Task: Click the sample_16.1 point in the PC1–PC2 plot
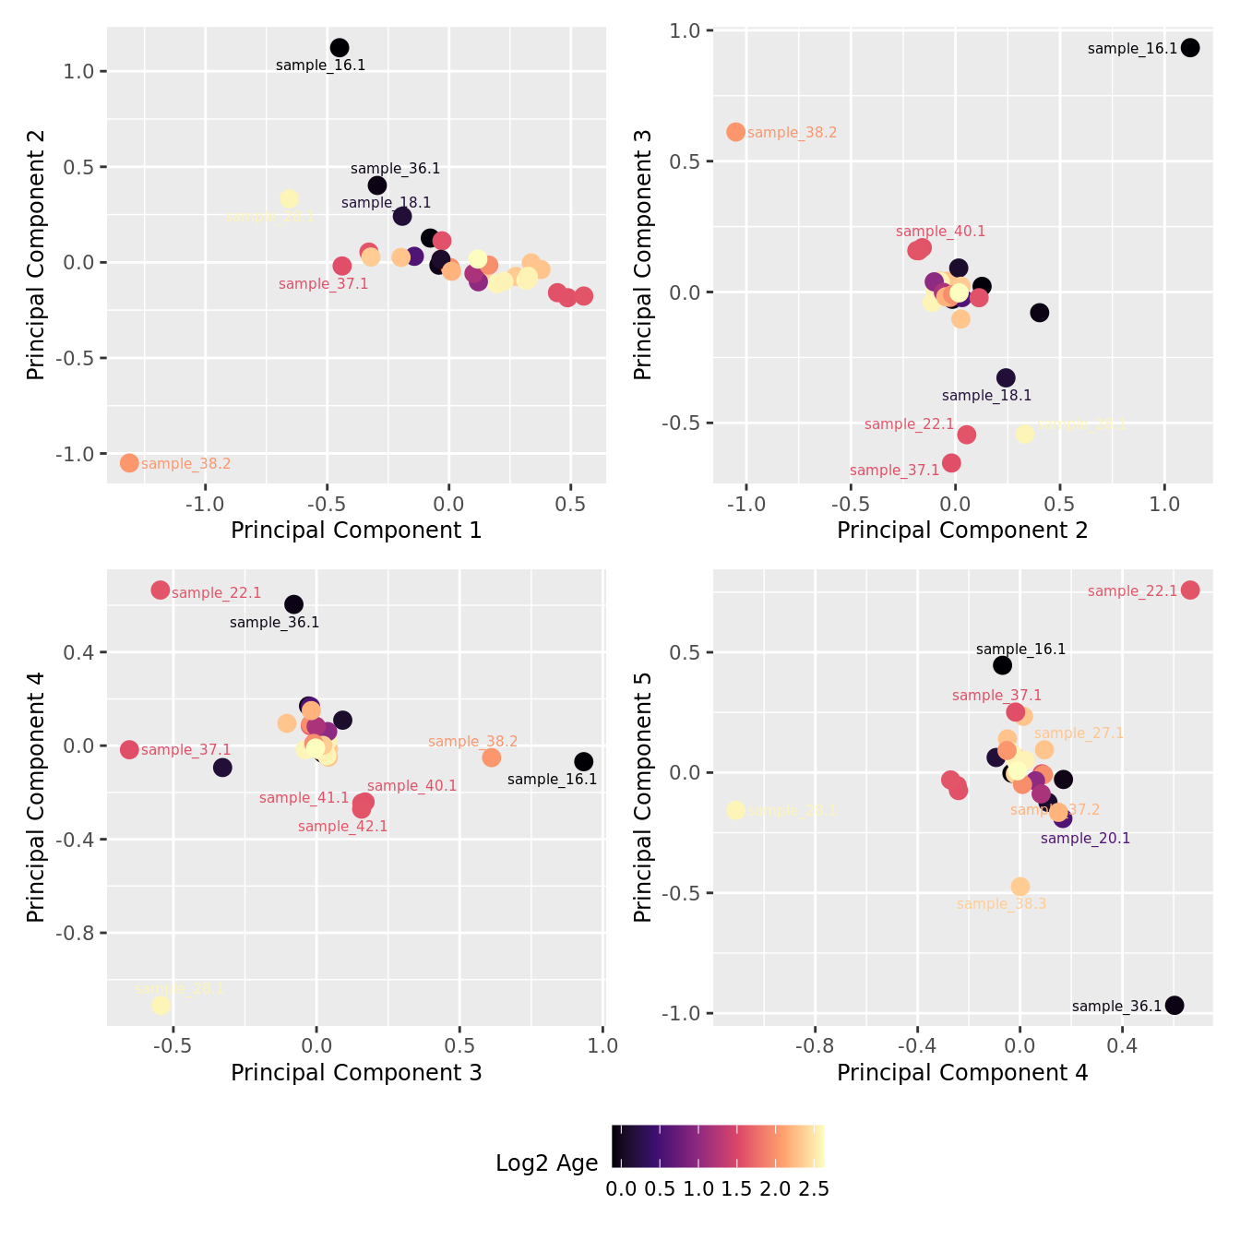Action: point(340,48)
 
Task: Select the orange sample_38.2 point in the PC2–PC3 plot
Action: point(735,132)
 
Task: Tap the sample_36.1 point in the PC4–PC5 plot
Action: point(1174,1006)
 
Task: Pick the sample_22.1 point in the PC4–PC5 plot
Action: point(1190,590)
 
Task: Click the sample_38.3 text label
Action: point(1001,904)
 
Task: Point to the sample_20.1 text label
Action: point(1085,839)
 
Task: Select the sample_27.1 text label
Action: point(1079,733)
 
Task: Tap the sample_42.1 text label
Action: point(342,827)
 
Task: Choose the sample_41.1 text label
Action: point(304,798)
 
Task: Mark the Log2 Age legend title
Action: point(546,1163)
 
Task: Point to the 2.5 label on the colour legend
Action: point(813,1189)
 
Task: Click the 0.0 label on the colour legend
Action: point(621,1189)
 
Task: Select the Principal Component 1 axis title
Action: point(356,531)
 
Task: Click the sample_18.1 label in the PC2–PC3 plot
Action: point(986,396)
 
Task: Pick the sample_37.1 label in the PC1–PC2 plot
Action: point(323,284)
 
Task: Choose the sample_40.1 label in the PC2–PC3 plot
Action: point(940,232)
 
